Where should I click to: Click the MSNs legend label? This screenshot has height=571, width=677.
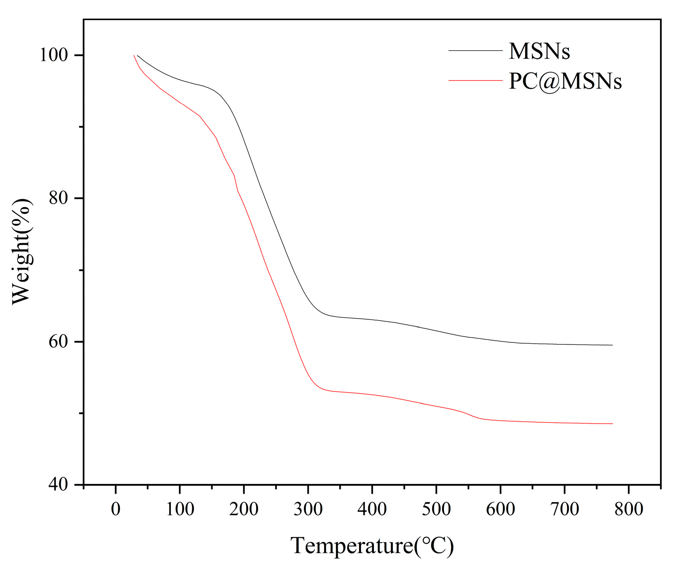[x=539, y=51]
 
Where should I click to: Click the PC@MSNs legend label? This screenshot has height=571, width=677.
[x=565, y=81]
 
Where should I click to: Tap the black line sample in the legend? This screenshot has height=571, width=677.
[x=475, y=51]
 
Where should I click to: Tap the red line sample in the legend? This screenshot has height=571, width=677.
[x=475, y=81]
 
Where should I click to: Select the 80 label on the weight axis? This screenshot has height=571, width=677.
[x=58, y=198]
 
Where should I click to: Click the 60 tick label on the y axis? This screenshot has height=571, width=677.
[x=58, y=342]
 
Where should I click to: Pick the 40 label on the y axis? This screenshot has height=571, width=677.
[x=58, y=484]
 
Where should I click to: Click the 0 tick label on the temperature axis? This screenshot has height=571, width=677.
[x=116, y=509]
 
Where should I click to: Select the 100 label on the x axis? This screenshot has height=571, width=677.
[x=180, y=509]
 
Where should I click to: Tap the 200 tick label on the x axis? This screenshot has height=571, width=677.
[x=244, y=509]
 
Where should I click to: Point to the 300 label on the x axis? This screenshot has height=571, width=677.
[x=308, y=509]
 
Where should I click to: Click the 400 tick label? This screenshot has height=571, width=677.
[x=372, y=509]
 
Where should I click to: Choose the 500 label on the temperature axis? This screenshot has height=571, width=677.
[x=436, y=509]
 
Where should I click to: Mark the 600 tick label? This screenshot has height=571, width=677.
[x=500, y=509]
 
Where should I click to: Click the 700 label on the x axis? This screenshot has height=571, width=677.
[x=565, y=509]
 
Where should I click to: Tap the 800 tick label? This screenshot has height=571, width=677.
[x=628, y=509]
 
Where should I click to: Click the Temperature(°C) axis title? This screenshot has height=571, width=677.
[x=372, y=546]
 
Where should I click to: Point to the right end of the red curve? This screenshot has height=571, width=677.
[x=612, y=424]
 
